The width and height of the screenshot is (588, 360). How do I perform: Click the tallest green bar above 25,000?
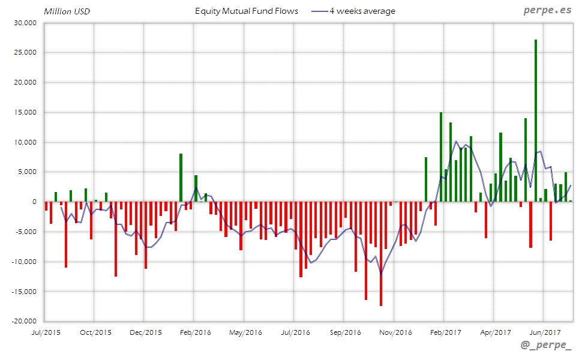point(535,120)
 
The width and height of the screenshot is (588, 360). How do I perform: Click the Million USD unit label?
point(67,11)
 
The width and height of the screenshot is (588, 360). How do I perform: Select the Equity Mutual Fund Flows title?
point(247,11)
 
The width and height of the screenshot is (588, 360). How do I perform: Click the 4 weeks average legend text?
point(362,11)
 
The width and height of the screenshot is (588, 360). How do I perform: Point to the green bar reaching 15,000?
point(440,157)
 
